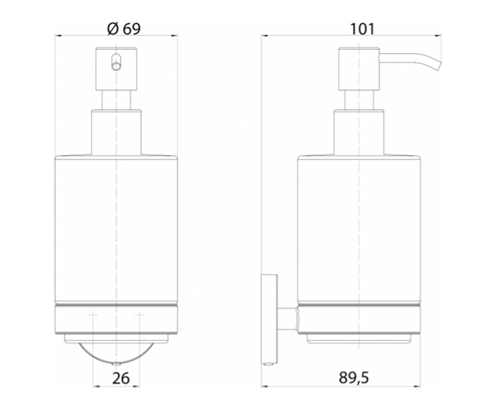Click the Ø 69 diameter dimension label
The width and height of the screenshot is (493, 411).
(124, 29)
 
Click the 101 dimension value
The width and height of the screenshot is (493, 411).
(362, 29)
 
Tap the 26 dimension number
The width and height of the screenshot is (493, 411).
(121, 378)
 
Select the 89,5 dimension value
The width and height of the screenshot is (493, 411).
(354, 378)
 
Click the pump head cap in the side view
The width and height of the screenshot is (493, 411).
(359, 69)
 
